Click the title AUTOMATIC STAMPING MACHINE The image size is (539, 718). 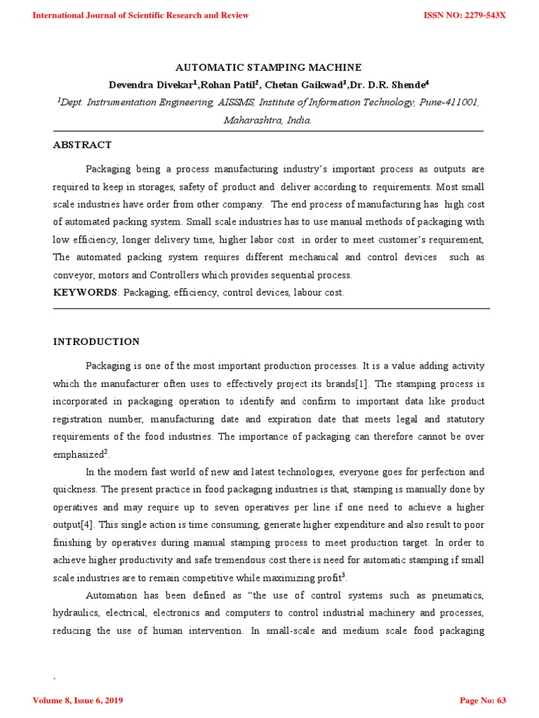[x=268, y=67]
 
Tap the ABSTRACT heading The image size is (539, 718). [x=82, y=145]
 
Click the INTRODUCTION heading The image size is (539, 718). [x=96, y=342]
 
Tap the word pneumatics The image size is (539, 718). [x=458, y=595]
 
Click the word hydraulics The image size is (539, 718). [x=76, y=613]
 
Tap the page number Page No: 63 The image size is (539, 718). [x=481, y=700]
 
